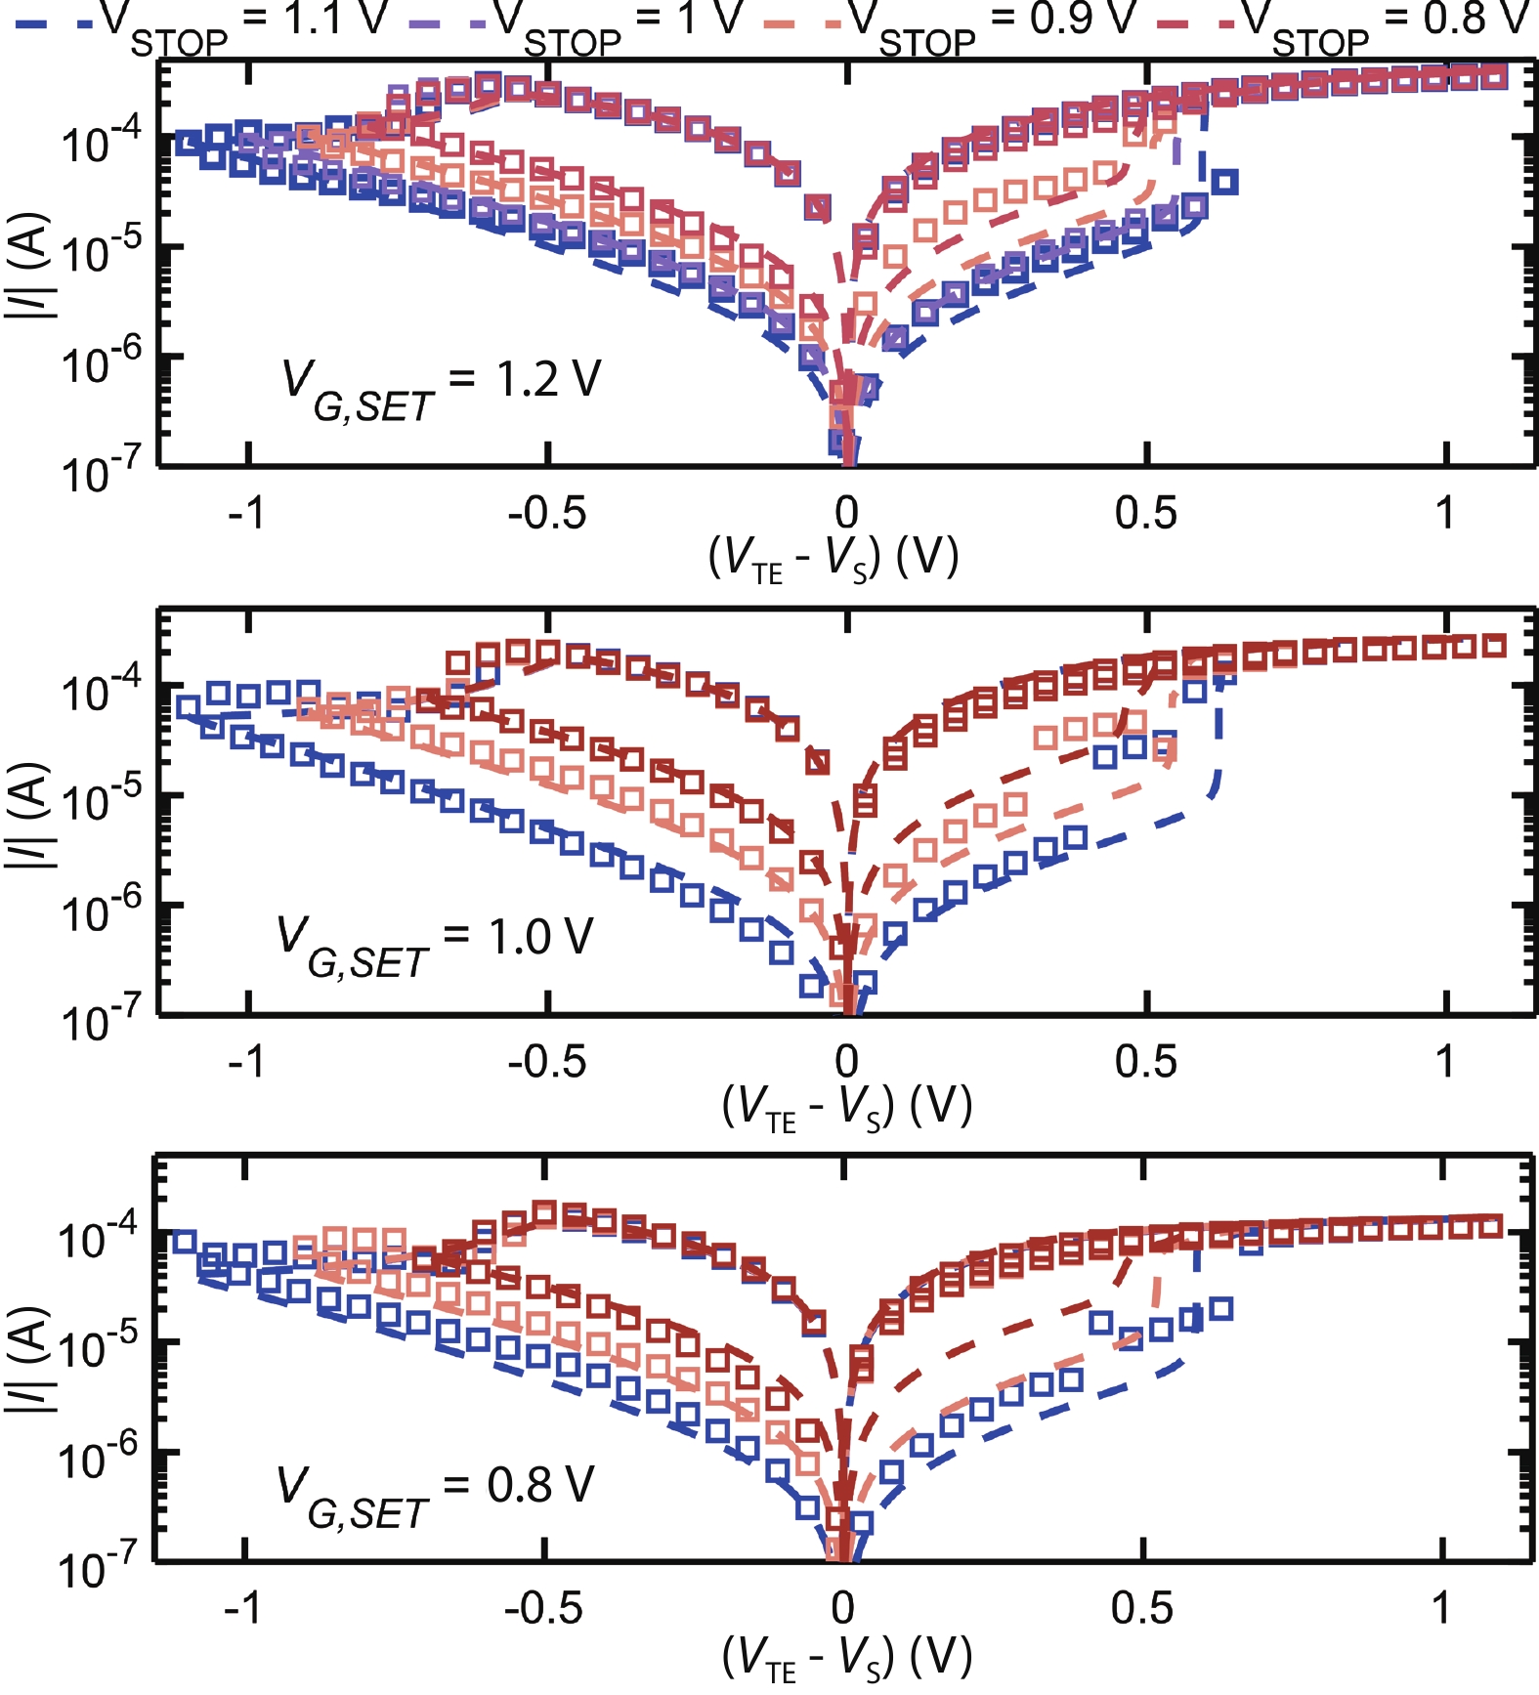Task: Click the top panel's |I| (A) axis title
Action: pos(29,265)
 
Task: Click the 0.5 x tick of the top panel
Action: pos(1145,512)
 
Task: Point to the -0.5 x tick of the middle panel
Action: pos(546,1061)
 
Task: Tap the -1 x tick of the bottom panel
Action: pos(243,1607)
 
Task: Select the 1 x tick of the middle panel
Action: pos(1444,1061)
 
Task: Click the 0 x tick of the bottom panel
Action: pos(842,1607)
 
